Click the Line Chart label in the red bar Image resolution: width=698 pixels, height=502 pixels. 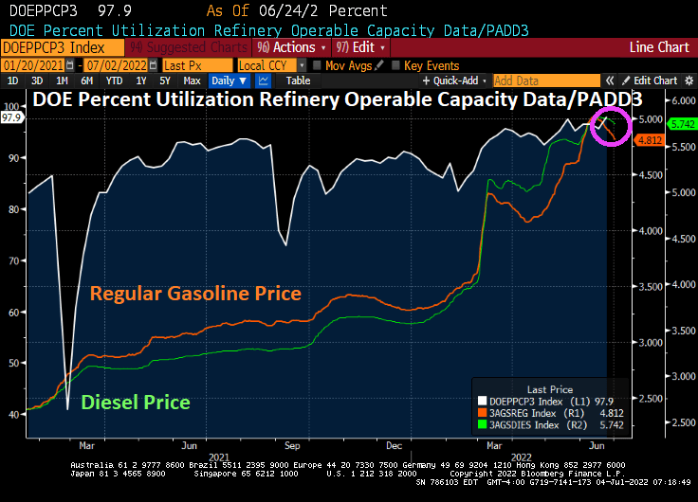[659, 46]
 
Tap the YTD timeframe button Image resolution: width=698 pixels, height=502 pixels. [114, 81]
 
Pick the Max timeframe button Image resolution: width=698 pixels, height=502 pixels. [192, 81]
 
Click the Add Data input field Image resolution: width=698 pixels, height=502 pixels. [545, 81]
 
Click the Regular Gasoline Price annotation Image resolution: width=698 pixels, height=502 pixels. [195, 294]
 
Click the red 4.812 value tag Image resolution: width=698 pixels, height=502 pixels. [676, 140]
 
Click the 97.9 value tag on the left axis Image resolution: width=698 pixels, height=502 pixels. [12, 117]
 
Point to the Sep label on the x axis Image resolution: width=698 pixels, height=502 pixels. [292, 444]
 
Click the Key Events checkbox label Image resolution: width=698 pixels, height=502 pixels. [432, 65]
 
